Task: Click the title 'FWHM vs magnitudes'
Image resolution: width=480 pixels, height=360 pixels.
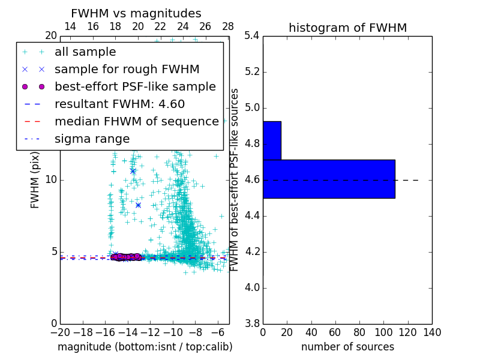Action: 136,14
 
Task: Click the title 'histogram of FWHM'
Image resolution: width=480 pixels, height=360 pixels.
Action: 347,28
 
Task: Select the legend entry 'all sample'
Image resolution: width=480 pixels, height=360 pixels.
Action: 85,52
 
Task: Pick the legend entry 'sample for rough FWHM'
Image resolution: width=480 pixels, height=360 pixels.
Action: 127,69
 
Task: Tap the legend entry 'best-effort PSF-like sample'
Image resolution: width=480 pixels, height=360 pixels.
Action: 135,86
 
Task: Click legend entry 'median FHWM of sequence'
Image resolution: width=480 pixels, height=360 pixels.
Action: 136,121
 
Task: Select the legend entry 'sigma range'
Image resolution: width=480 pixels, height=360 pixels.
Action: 92,139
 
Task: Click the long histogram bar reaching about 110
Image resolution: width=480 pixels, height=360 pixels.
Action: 329,179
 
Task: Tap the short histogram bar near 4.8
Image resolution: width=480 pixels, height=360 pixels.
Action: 272,140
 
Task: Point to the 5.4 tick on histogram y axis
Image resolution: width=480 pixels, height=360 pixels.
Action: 252,36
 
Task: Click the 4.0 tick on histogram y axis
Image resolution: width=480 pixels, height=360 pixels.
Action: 252,287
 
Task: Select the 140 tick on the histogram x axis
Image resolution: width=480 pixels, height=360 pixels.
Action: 431,332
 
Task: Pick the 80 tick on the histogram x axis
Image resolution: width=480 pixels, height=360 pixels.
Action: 359,332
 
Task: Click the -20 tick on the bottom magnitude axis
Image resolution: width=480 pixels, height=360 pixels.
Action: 60,332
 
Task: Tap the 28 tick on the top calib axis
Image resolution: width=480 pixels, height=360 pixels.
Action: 228,26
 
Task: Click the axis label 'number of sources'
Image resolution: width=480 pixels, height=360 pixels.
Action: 347,347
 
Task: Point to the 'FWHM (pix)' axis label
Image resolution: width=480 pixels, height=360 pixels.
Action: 35,180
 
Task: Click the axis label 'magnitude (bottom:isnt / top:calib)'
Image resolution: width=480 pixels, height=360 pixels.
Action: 145,347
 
